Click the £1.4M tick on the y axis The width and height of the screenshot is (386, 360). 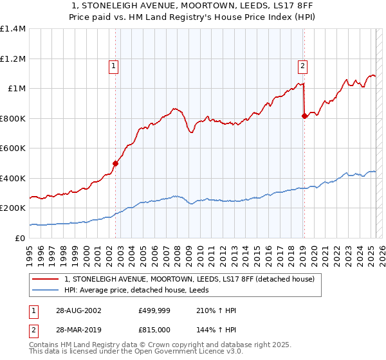(13, 29)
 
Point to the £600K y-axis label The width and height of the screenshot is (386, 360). (13, 148)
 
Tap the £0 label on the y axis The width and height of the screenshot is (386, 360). (21, 239)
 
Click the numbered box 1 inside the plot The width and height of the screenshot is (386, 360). (113, 65)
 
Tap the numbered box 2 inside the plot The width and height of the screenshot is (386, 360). (302, 65)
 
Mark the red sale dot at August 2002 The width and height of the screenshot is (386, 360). (116, 163)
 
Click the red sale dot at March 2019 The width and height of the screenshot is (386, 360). (304, 116)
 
